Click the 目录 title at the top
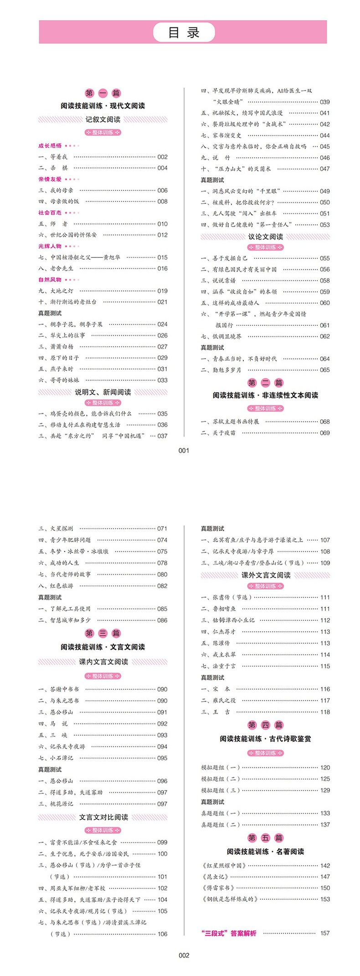[184, 32]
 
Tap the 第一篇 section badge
[103, 93]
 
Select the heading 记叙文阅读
[103, 119]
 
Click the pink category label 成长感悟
[50, 146]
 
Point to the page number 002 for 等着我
[162, 157]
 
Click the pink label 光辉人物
[50, 246]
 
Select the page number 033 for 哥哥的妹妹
[162, 380]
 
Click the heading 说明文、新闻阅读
[103, 392]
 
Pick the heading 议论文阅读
[265, 236]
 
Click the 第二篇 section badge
[265, 383]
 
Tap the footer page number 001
[184, 451]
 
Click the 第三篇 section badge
[103, 633]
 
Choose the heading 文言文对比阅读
[103, 817]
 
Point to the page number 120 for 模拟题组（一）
[325, 768]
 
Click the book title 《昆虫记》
[217, 877]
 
